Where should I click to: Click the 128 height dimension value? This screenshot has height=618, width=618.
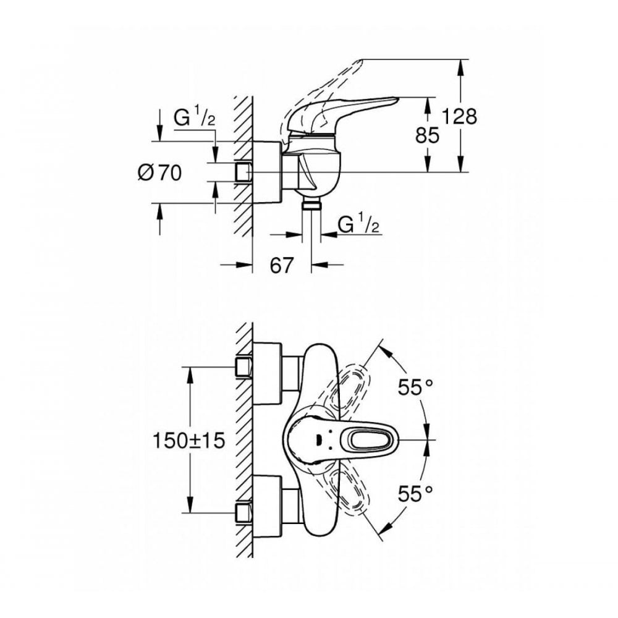460,116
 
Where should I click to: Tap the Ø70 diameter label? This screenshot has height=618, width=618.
159,173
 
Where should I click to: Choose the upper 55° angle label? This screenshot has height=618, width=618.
413,387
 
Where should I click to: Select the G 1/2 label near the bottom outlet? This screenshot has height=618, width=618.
359,226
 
